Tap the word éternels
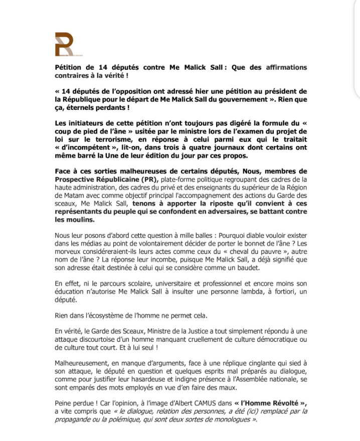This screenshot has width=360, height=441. coord(87,107)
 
